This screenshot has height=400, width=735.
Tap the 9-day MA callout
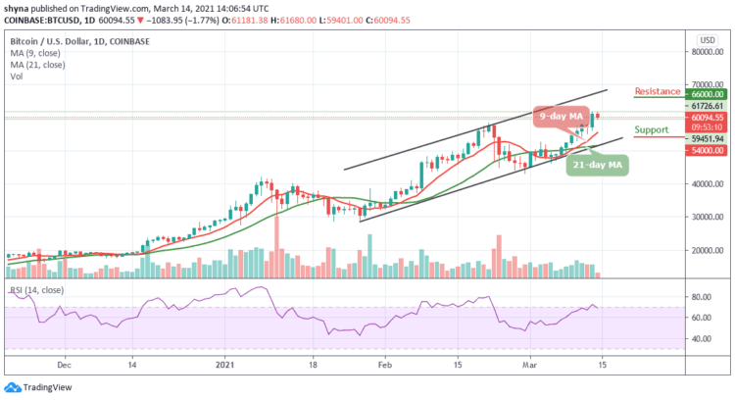[562, 115]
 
